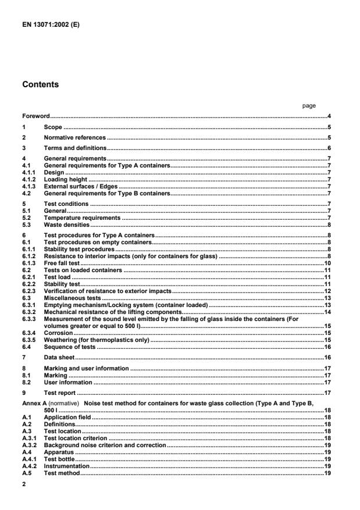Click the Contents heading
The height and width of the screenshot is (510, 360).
[41, 84]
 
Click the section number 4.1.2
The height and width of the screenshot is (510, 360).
[29, 180]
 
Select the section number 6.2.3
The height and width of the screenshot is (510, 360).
[29, 290]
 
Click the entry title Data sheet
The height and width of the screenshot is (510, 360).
[59, 357]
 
